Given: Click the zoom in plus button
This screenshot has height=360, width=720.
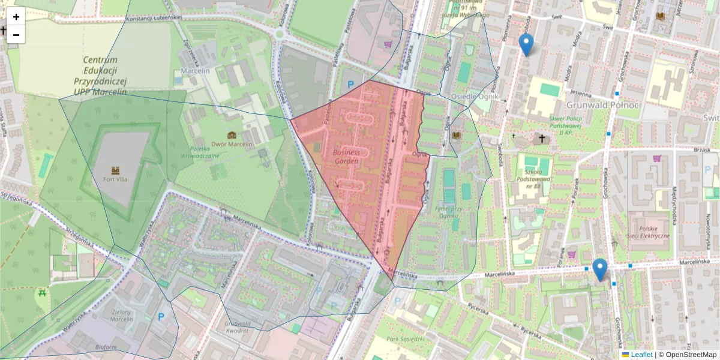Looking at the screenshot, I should coord(16,17).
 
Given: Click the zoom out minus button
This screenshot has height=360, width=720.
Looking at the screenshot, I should coord(16,35).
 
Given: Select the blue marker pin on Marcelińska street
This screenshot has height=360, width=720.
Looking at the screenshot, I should coord(599,269).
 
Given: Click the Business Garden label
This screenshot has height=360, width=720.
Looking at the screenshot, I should coord(346,157).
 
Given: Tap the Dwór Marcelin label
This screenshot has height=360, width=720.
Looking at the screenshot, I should coord(232,145).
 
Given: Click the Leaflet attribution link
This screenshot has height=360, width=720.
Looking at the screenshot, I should coord(641,355).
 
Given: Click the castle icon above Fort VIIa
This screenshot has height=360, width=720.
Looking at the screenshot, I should coord(116,171).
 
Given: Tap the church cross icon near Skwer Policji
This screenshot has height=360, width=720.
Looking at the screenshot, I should coord(542,139).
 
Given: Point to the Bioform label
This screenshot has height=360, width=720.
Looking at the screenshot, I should coord(106,347).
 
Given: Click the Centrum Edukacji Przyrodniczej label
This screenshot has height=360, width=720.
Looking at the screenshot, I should coord(100,76).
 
